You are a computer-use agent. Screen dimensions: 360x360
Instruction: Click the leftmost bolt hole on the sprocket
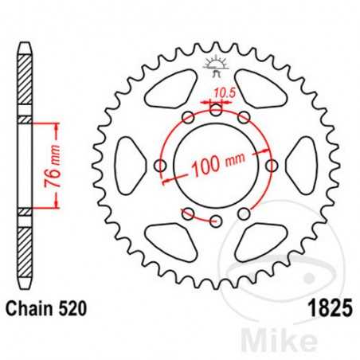coord(160,166)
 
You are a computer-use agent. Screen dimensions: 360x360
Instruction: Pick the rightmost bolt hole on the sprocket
coord(272,166)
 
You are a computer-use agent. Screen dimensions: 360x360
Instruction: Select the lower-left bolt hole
coord(188,213)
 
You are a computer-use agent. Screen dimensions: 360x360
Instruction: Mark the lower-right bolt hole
coord(244,213)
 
